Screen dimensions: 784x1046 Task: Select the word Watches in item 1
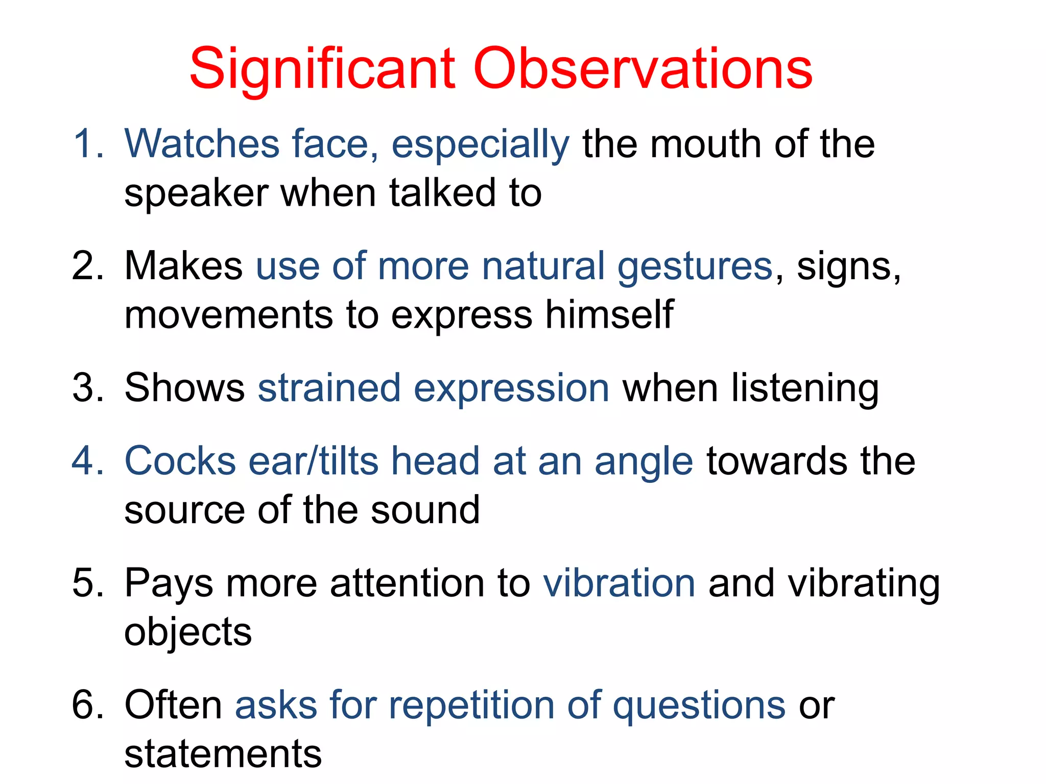coord(202,144)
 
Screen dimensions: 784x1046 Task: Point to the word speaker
coord(196,194)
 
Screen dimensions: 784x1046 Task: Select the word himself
coord(609,314)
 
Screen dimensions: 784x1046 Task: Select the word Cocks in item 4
coord(180,461)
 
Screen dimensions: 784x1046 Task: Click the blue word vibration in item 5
coord(619,583)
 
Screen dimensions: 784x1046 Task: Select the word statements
coord(223,754)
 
